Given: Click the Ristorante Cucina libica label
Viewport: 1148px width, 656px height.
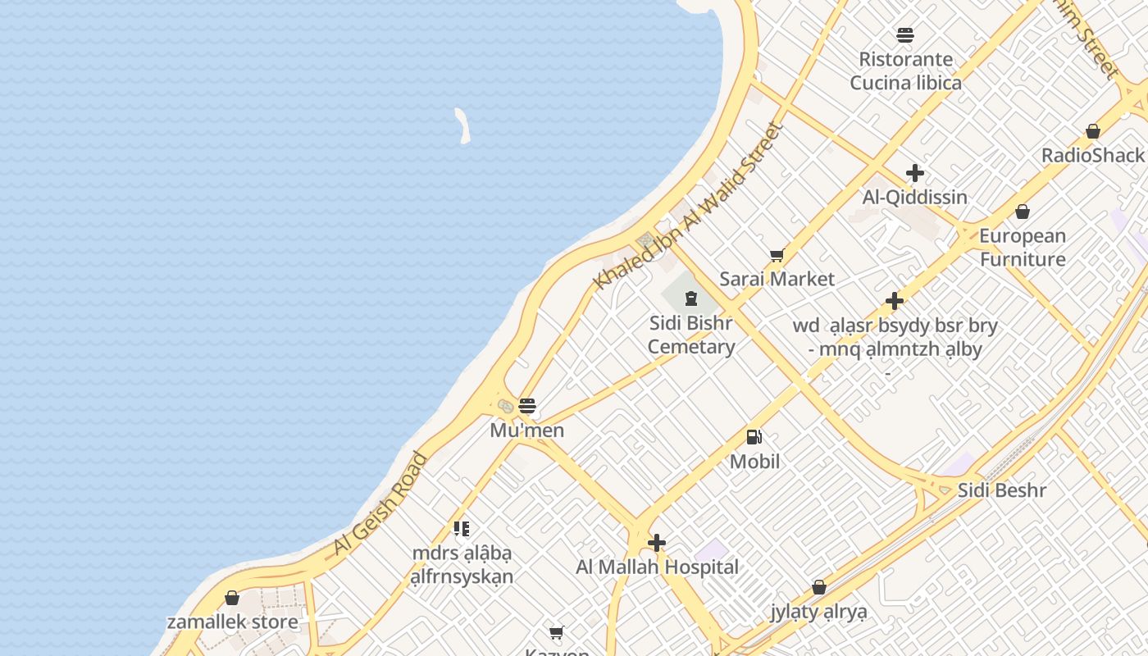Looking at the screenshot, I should click(x=905, y=71).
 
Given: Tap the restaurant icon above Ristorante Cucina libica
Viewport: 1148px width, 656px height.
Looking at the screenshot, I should click(x=905, y=35).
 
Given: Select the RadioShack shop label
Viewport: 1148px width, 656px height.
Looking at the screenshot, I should click(x=1092, y=155).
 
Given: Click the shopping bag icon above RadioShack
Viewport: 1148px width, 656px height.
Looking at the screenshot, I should click(x=1092, y=131).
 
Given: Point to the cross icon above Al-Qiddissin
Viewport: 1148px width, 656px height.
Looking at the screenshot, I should click(x=915, y=173).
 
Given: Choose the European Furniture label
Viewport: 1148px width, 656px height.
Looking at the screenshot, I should click(x=1023, y=248).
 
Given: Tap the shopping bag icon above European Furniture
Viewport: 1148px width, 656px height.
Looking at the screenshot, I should click(x=1023, y=212).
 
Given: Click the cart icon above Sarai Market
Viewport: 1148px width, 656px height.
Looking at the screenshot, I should click(x=777, y=256).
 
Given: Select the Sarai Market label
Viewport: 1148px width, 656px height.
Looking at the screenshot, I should click(x=777, y=279).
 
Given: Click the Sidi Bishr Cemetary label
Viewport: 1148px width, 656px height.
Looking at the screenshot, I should click(x=691, y=335).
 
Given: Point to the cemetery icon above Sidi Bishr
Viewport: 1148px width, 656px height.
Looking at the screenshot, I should click(x=690, y=298).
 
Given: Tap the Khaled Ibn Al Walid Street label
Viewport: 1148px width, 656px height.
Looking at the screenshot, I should click(x=689, y=206).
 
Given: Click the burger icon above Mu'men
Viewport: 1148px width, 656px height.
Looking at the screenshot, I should click(x=527, y=406).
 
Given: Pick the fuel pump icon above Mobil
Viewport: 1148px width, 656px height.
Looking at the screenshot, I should click(x=754, y=438).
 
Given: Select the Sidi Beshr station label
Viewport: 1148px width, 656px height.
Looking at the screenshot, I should click(x=1002, y=490).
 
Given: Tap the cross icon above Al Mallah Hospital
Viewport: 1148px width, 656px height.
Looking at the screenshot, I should click(x=656, y=543).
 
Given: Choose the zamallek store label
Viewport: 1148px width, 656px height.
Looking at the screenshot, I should click(x=233, y=622).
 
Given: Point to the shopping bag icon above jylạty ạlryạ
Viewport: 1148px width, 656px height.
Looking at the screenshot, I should click(x=818, y=588).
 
